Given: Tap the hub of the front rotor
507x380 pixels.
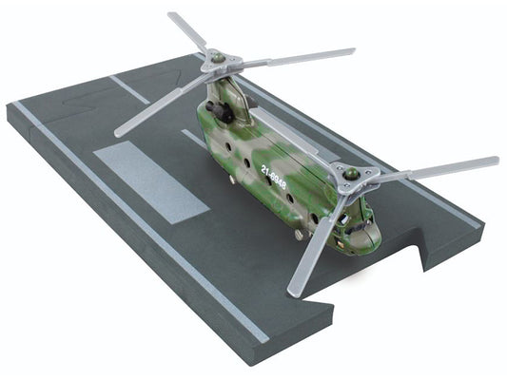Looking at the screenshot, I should point(351,175).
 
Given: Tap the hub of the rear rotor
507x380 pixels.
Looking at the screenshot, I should point(218,61).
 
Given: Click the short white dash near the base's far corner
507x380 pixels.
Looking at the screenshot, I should point(128,89).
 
